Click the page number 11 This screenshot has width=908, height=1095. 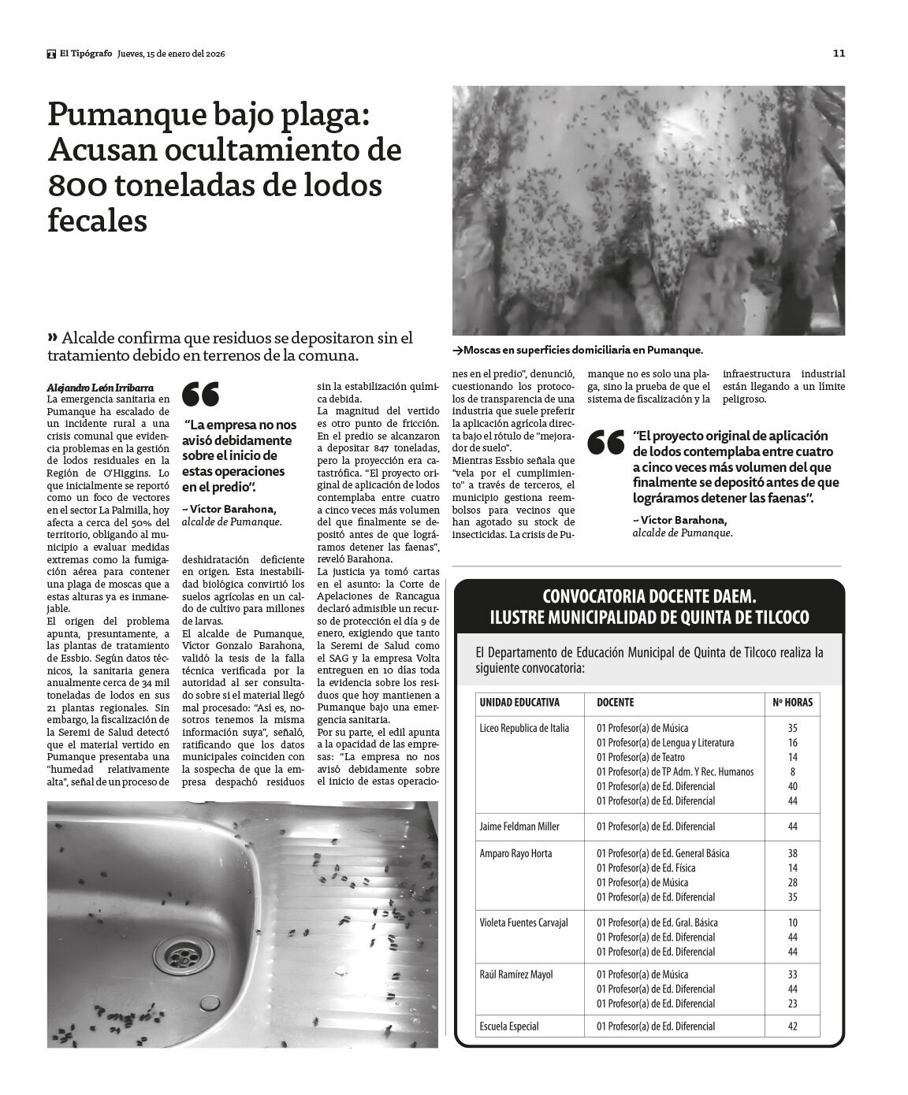pos(839,54)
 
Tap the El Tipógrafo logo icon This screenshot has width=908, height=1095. pos(51,54)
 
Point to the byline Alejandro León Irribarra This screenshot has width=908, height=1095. pos(100,388)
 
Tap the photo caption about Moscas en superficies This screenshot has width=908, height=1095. pos(578,350)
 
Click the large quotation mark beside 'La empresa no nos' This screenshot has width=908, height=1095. pos(200,393)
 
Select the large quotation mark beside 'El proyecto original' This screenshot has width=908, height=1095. pos(607,443)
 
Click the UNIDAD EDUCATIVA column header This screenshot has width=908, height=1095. pos(519,702)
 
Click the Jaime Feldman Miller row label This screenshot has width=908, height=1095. pos(519,826)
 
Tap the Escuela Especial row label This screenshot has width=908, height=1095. pos(509,1026)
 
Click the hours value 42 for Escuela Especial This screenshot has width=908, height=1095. pos(792,1026)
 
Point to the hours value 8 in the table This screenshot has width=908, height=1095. pos(792,772)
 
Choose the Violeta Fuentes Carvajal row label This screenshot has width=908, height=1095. pos(523,922)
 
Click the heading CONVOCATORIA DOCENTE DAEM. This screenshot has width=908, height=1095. pos(649,596)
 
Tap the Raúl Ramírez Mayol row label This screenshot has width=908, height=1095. pos(516,974)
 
